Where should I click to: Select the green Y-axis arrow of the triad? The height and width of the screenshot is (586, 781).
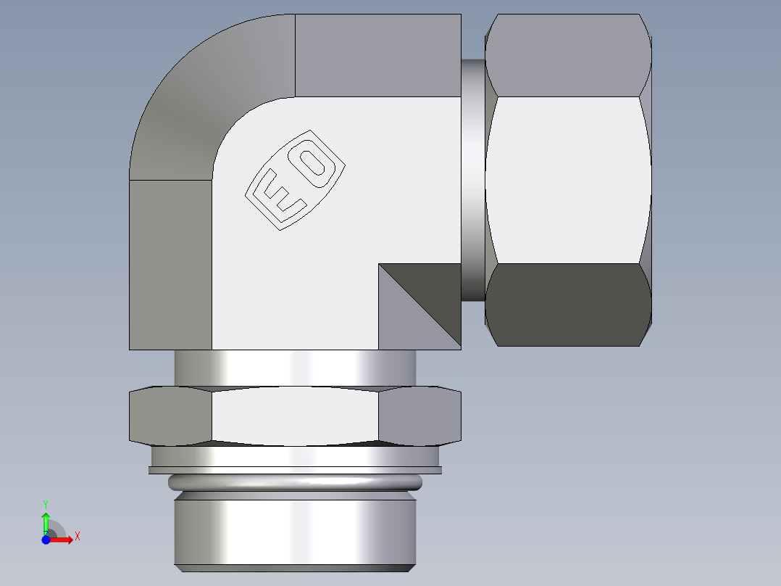(46, 521)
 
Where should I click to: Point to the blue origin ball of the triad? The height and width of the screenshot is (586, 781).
(46, 540)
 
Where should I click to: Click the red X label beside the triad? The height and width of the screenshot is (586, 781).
(77, 537)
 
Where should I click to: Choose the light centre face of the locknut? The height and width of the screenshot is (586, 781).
(295, 416)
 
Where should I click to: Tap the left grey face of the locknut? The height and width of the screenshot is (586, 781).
(170, 416)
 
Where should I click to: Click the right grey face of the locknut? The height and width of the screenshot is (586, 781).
(420, 416)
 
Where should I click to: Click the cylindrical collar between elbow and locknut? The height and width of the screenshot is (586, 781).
(295, 368)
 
